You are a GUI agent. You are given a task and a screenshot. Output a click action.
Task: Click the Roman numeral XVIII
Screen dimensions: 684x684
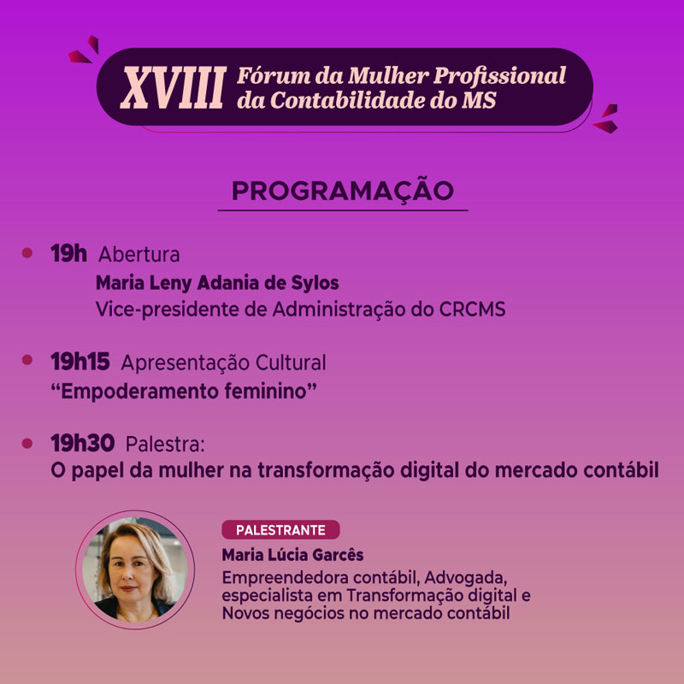[174, 87]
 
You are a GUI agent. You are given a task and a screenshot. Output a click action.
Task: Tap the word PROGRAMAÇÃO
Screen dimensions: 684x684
[343, 192]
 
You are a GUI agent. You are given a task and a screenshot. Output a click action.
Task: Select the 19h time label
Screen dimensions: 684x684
[68, 253]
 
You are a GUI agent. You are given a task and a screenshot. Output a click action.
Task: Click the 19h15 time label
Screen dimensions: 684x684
[80, 362]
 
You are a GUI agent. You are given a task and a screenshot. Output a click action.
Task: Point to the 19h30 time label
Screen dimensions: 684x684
[82, 443]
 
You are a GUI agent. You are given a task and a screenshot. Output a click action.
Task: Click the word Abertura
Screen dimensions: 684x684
[139, 254]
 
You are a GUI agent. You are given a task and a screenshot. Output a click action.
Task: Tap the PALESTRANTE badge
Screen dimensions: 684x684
[280, 529]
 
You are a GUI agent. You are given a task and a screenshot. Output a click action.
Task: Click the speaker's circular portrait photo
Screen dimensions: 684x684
[135, 569]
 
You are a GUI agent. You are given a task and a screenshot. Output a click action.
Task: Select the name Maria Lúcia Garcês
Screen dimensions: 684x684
[292, 555]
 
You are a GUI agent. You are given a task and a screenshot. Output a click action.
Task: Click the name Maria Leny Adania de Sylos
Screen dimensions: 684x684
[217, 283]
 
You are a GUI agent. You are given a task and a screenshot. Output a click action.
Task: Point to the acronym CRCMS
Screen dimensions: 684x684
[473, 310]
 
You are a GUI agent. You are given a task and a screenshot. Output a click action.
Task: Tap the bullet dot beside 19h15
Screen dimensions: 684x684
[27, 360]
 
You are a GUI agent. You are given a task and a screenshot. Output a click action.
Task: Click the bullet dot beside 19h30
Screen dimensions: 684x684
[27, 443]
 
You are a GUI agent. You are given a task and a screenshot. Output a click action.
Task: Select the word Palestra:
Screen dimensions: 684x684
[165, 444]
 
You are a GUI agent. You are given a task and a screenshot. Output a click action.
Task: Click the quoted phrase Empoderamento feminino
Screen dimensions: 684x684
[184, 392]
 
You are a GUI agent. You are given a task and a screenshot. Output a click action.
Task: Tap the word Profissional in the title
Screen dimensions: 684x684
[499, 76]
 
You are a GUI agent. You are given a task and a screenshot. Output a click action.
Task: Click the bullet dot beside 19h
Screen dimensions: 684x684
[27, 253]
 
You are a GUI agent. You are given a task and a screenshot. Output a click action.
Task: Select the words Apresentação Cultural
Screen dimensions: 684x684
[223, 363]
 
